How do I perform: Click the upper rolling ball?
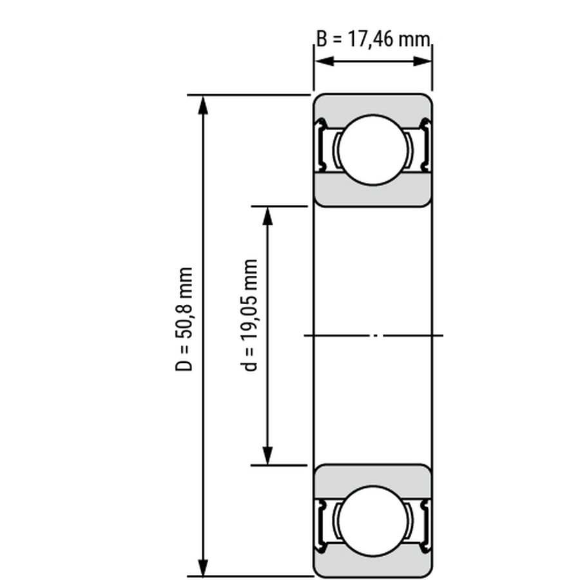[x=373, y=150]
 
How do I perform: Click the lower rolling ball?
[x=373, y=521]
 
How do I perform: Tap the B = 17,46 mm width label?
[x=374, y=39]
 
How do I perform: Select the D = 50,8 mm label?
[x=184, y=319]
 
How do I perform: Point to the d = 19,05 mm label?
[x=249, y=315]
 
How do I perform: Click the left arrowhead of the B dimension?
[x=324, y=61]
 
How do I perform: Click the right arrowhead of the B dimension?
[x=422, y=61]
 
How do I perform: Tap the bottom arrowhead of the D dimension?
[x=203, y=566]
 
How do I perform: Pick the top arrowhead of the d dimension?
[x=267, y=216]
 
